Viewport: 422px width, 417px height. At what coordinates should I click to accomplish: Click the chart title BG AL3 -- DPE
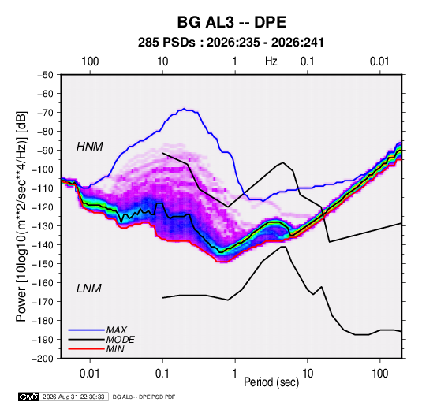tap(231, 22)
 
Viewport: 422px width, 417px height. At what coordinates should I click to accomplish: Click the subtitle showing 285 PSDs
tap(230, 43)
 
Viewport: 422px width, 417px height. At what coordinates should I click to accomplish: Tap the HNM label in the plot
tap(90, 147)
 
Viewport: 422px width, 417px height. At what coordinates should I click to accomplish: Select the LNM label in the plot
tap(89, 289)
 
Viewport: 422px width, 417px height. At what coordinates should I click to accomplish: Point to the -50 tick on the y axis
tap(45, 75)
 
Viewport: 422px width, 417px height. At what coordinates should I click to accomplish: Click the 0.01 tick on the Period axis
tap(90, 374)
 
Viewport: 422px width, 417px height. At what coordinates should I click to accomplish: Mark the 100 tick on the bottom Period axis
tap(379, 374)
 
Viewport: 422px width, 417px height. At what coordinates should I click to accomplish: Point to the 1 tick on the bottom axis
tap(235, 374)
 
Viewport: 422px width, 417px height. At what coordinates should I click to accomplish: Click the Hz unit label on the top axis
tap(271, 61)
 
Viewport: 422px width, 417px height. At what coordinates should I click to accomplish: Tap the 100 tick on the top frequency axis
tap(90, 61)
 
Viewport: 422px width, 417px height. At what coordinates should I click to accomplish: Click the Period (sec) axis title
tap(271, 382)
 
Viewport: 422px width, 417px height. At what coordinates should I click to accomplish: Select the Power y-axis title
tap(21, 216)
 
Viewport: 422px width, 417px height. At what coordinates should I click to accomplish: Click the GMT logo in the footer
tap(29, 397)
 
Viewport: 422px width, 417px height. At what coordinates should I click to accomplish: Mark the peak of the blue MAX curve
tap(184, 109)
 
